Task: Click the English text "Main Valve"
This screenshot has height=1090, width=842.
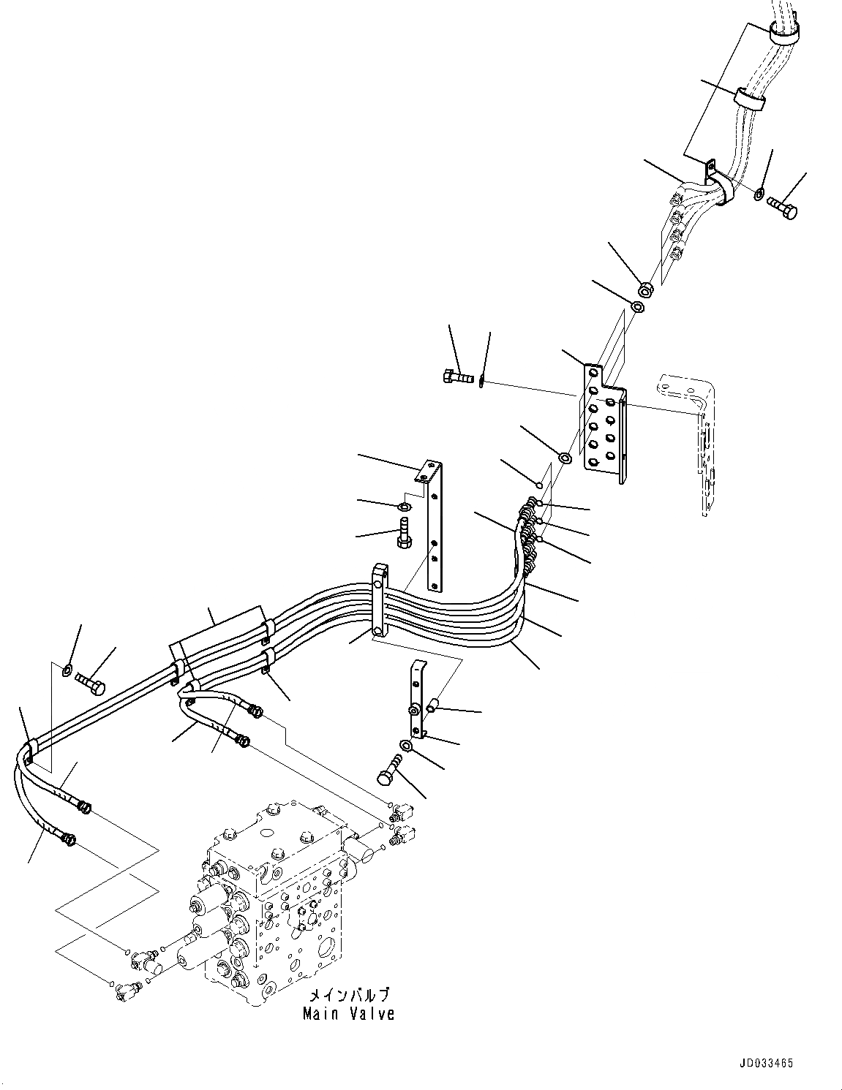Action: (x=348, y=1013)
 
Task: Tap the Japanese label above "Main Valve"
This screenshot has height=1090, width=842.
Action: (x=348, y=995)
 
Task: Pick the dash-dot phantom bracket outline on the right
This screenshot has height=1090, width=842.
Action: (x=695, y=439)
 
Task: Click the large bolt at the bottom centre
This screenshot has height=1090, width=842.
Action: (x=391, y=771)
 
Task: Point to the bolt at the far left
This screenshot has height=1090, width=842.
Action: (x=90, y=684)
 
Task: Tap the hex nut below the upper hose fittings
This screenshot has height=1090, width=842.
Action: (x=645, y=288)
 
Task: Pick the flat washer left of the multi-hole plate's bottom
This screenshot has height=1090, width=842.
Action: (x=565, y=458)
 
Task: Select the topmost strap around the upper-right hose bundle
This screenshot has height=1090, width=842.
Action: (x=783, y=32)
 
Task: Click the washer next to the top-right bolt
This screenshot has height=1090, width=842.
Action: (x=761, y=194)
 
